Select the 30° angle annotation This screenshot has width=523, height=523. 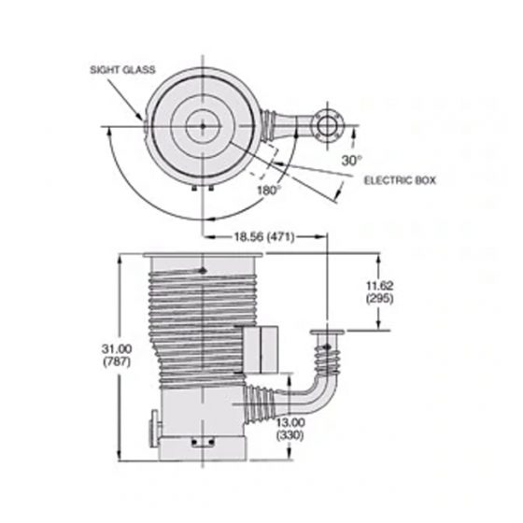click(351, 161)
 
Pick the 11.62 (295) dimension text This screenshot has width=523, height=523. click(378, 291)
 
